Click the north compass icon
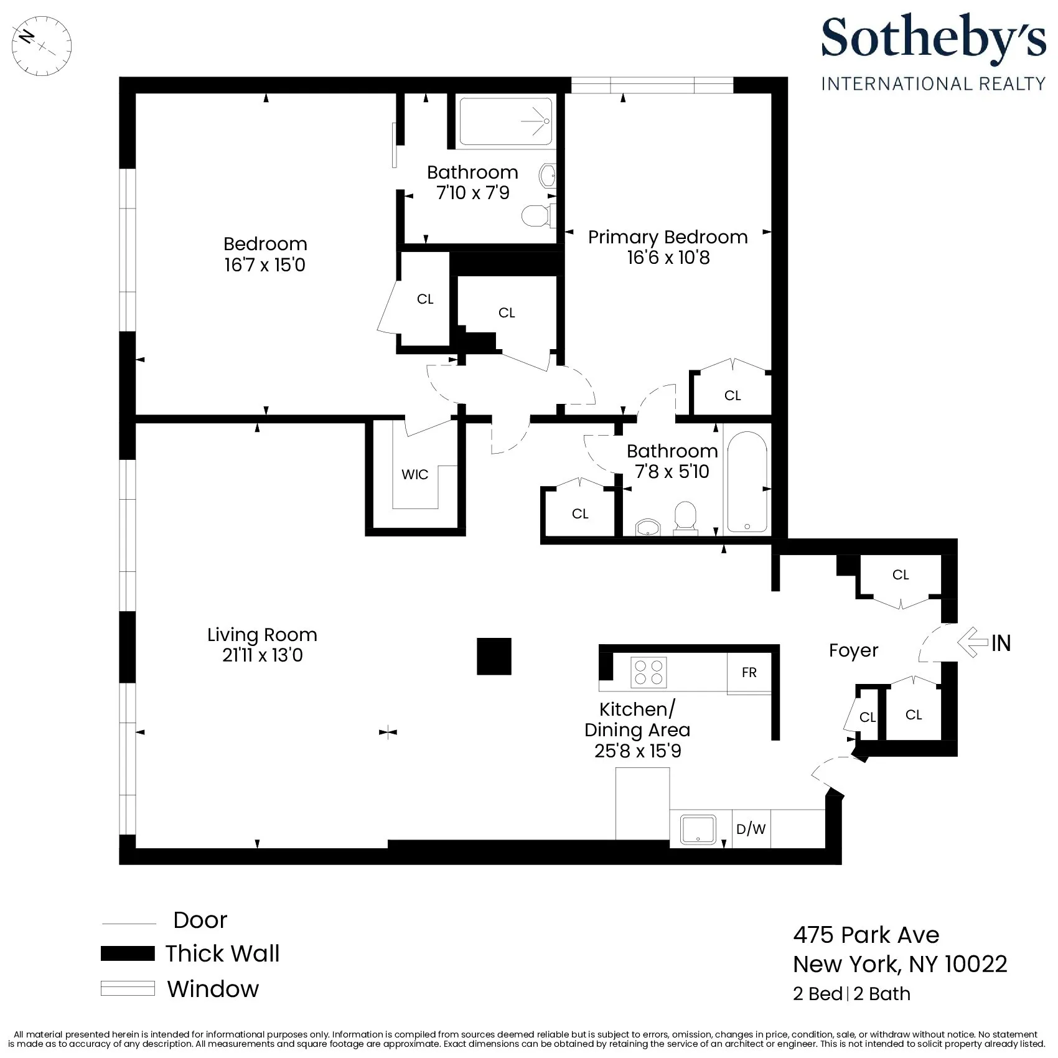42,45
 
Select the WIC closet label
414,474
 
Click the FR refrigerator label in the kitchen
749,672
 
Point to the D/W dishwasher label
751,829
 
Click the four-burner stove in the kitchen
648,672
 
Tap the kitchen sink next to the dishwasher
698,830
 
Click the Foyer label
853,650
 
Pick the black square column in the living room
494,656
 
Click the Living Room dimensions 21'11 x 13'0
262,655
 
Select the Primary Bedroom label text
667,237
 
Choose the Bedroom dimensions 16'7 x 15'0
265,265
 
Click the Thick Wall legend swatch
128,953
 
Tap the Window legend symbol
128,988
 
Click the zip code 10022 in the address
975,964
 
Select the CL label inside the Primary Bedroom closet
733,395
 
